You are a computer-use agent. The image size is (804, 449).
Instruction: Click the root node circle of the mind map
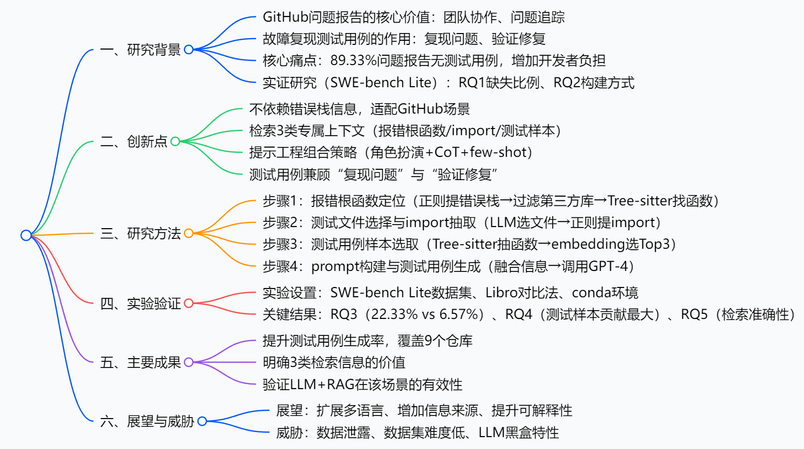26,235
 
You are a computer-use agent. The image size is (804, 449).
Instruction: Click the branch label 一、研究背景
140,50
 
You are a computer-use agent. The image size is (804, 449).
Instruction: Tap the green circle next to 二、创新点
175,141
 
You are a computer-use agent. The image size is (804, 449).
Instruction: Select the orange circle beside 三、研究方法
189,233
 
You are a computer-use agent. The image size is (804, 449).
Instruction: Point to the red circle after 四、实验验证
189,303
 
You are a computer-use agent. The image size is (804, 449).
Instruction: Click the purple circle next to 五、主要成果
189,362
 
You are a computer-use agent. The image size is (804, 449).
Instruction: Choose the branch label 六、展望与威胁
147,422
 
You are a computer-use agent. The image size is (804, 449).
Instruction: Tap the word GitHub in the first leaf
285,18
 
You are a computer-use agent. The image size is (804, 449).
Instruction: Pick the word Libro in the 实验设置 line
502,293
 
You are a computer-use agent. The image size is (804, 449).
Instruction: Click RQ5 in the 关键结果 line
694,314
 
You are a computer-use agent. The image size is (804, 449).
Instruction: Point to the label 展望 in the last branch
289,411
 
